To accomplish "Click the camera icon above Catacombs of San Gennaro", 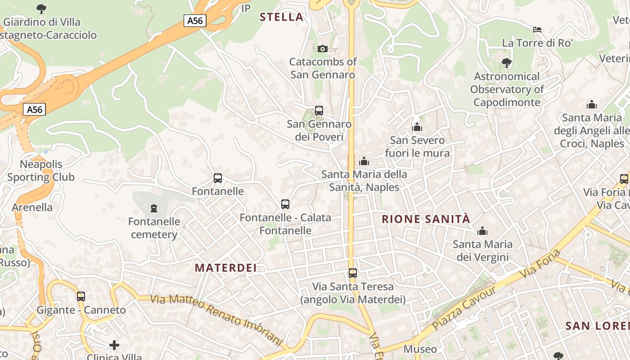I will click(x=322, y=49).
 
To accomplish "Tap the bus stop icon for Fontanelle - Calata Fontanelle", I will click(x=285, y=204).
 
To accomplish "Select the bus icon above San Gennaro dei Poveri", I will click(x=319, y=110).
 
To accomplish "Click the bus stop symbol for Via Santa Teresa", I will click(x=353, y=273).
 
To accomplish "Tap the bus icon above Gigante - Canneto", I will click(x=81, y=296).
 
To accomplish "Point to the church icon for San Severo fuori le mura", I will click(x=417, y=127).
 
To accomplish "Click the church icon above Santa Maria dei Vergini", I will click(x=482, y=231).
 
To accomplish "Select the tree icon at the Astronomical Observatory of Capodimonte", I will click(x=506, y=63).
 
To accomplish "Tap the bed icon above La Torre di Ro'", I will click(x=537, y=30).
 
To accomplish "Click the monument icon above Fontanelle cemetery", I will click(x=154, y=208).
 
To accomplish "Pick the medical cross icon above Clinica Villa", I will click(x=114, y=345).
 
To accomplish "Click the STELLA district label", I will click(x=282, y=17).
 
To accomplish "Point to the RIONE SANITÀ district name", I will click(x=426, y=219).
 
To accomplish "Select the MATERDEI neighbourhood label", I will click(x=225, y=268).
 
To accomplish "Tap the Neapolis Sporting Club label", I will click(x=41, y=171).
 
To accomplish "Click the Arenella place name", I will click(x=32, y=207).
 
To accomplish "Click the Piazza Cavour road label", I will click(x=464, y=308).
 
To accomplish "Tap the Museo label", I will click(x=420, y=349).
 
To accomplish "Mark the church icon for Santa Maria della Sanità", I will click(x=364, y=161).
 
